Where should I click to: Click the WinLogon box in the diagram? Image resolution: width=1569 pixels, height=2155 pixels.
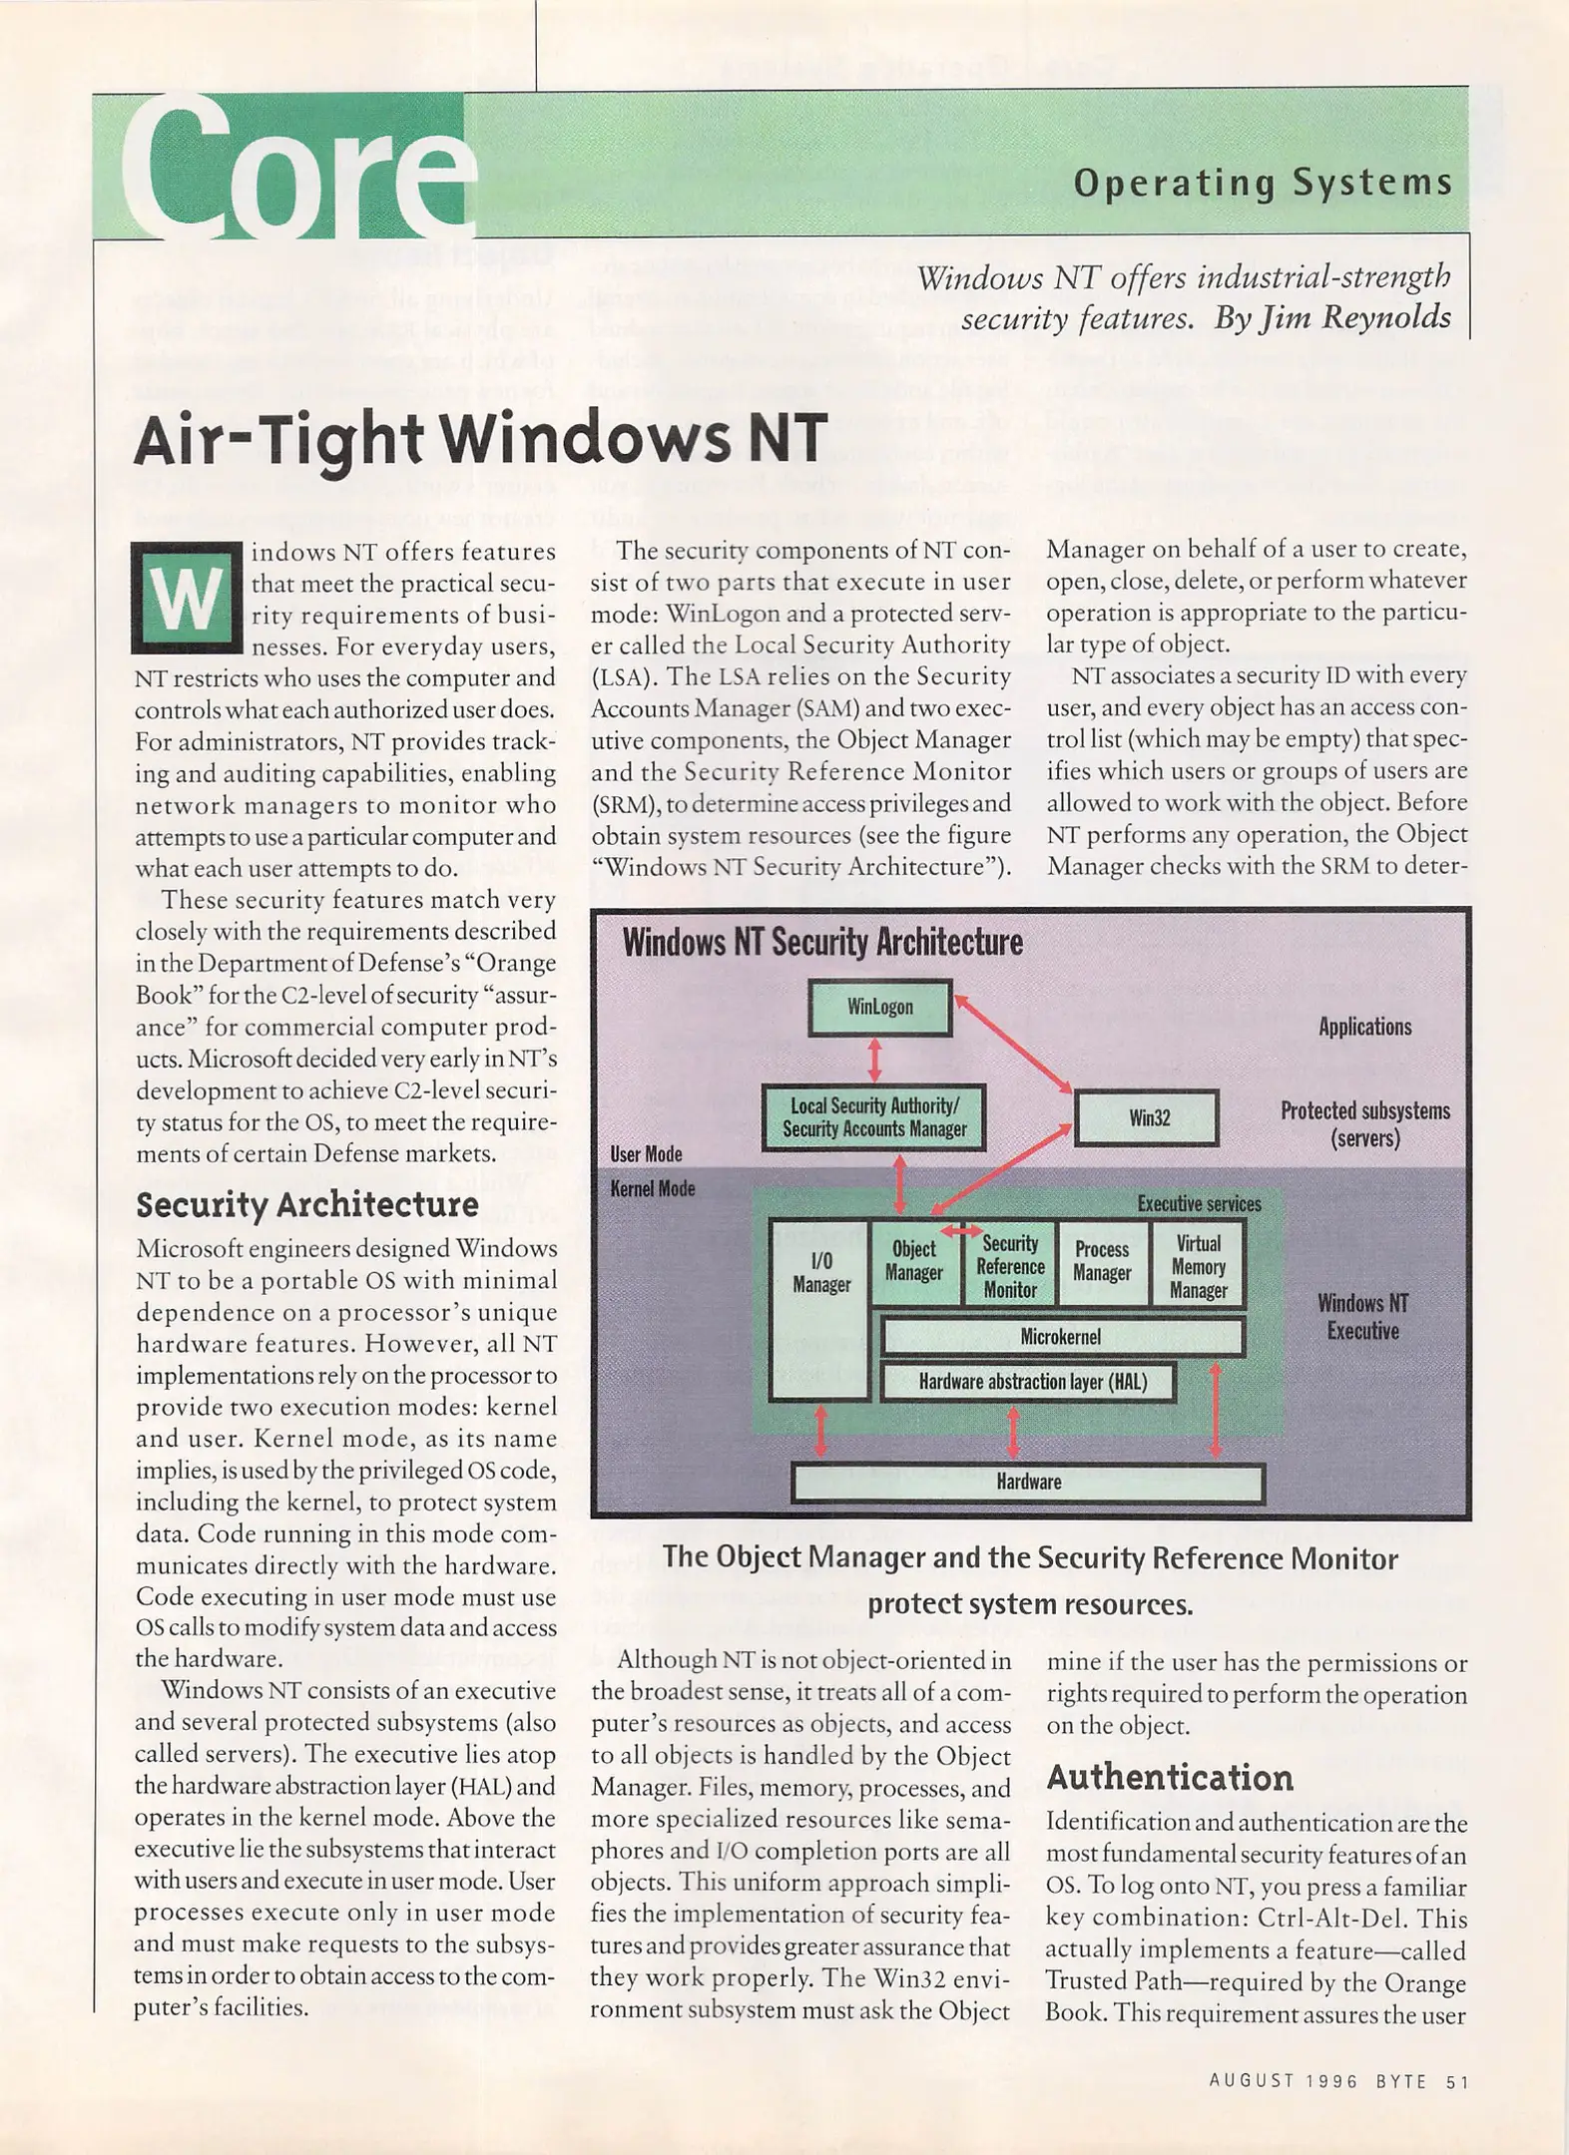879,1007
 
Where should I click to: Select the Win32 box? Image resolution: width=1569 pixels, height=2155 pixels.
1147,1117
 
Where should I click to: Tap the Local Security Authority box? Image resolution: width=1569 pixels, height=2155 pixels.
874,1117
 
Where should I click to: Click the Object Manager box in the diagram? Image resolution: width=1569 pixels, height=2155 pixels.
914,1262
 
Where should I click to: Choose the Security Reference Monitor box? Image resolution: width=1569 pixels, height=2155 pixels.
1009,1266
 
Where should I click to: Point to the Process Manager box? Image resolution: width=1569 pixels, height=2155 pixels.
1102,1262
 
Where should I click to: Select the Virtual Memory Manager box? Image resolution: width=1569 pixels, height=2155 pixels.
1198,1266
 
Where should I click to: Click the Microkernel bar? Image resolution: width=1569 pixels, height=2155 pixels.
1062,1337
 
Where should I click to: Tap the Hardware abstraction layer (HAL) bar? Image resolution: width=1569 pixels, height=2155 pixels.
1028,1382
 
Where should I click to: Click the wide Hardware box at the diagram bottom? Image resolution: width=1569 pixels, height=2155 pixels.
1028,1482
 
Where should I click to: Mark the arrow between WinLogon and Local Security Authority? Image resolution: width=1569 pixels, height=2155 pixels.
875,1060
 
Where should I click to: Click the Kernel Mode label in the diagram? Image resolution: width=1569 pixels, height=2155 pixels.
653,1188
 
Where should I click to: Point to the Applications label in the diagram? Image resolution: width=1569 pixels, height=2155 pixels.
1364,1027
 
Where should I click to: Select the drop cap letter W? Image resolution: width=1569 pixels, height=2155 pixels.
187,597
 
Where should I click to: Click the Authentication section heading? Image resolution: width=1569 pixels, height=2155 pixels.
1170,1778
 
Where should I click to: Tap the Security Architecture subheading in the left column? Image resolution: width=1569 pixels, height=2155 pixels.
307,1204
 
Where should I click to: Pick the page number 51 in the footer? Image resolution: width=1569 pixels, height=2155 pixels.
1457,2081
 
